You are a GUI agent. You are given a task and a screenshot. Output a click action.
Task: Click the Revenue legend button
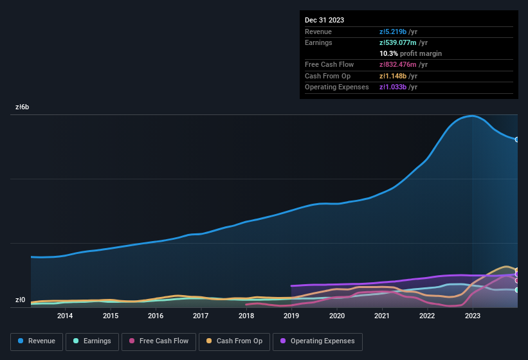[x=37, y=341]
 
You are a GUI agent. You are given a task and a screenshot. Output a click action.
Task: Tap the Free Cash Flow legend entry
[x=158, y=341]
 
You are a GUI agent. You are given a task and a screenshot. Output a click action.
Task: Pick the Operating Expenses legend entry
[x=317, y=341]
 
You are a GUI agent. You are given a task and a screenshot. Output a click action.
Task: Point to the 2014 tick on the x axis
[x=65, y=316]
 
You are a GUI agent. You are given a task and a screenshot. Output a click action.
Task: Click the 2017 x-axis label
[x=201, y=316]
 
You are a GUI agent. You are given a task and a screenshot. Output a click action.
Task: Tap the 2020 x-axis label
[x=336, y=316]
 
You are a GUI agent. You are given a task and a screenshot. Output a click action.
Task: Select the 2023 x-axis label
[x=472, y=316]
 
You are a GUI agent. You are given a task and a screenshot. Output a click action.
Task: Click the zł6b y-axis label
[x=22, y=108]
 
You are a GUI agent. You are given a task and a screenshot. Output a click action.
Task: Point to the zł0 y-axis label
[x=20, y=300]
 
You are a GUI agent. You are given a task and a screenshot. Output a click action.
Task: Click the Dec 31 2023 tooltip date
[x=324, y=20]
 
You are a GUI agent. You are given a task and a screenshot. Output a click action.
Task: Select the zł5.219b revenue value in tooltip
[x=398, y=32]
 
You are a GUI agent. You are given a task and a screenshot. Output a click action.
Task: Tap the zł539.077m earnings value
[x=403, y=42]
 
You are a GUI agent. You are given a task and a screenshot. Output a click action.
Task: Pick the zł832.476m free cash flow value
[x=403, y=64]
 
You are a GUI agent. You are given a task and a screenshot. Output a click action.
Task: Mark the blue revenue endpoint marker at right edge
[x=517, y=139]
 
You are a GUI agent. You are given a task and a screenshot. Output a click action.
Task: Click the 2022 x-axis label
[x=427, y=316]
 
